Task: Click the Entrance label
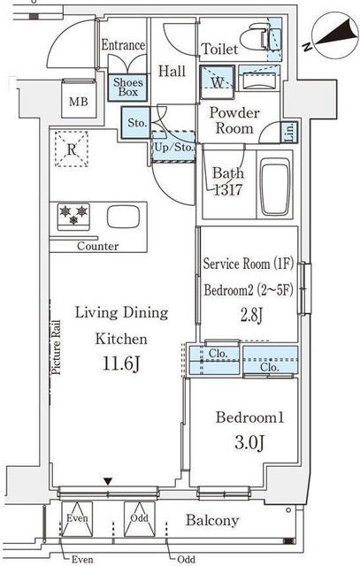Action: [123, 45]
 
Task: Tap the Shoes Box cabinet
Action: [128, 88]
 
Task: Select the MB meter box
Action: [79, 98]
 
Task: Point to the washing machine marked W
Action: [218, 82]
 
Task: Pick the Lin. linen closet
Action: [290, 133]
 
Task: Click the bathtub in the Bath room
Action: [276, 187]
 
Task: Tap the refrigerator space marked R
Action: [72, 149]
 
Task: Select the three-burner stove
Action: [73, 217]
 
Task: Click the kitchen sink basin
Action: [123, 217]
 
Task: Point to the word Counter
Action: [98, 246]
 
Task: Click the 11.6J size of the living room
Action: [121, 363]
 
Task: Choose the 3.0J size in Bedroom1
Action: [249, 442]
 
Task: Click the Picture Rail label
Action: [56, 348]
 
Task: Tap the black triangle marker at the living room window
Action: [108, 481]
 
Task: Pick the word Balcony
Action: [212, 520]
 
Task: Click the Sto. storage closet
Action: [136, 123]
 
